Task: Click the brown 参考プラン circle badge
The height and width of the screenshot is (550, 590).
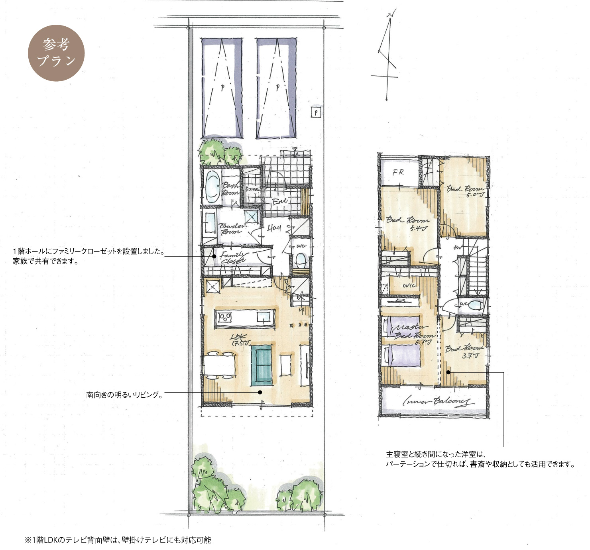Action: click(x=56, y=53)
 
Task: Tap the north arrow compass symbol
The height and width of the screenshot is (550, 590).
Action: click(x=387, y=56)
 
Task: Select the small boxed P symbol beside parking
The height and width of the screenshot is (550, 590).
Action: click(x=316, y=113)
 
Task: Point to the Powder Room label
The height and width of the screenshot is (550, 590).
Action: click(x=232, y=228)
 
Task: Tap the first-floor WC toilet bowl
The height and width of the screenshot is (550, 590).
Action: click(x=300, y=261)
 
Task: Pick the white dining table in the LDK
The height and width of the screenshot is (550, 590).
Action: click(x=220, y=365)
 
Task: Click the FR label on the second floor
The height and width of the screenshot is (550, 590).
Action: click(x=398, y=173)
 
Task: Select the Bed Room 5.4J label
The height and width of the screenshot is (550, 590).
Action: click(x=408, y=224)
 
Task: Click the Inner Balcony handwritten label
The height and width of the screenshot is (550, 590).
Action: click(x=437, y=401)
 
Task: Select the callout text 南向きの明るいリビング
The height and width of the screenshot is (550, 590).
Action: click(x=124, y=395)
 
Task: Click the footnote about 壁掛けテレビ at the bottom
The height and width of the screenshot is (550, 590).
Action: click(x=118, y=540)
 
